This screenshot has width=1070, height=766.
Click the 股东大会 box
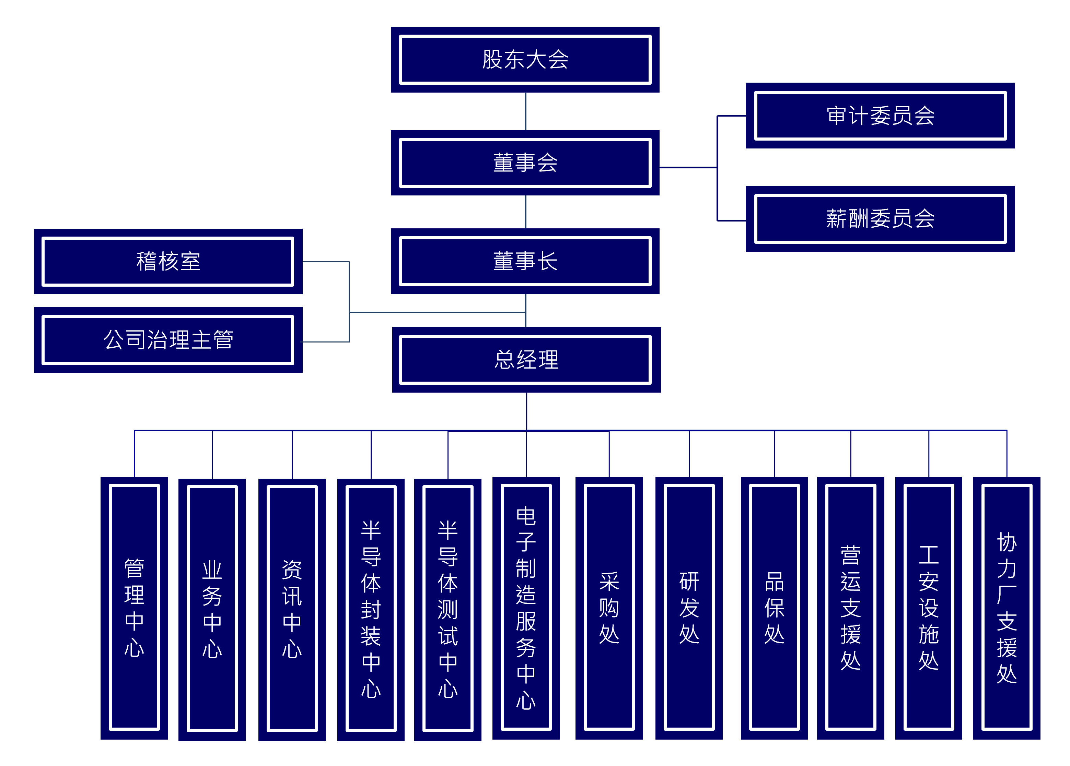pyautogui.click(x=525, y=59)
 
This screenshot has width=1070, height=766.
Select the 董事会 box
pyautogui.click(x=525, y=163)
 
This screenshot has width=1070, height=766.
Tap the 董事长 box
pyautogui.click(x=525, y=261)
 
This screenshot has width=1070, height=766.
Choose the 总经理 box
pyautogui.click(x=526, y=359)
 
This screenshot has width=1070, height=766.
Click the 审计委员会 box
pyautogui.click(x=880, y=116)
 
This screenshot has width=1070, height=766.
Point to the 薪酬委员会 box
pyautogui.click(x=880, y=219)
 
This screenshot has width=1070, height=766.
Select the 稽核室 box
pyautogui.click(x=168, y=261)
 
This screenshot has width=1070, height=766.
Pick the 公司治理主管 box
pyautogui.click(x=168, y=339)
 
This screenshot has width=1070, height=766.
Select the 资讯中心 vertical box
pyautogui.click(x=292, y=609)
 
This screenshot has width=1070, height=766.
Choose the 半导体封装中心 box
pyautogui.click(x=371, y=609)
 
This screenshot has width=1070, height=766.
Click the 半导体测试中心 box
pyautogui.click(x=448, y=609)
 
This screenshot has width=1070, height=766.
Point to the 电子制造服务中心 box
pyautogui.click(x=526, y=608)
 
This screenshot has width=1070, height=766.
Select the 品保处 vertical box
pyautogui.click(x=774, y=608)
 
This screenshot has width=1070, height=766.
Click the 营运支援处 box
pyautogui.click(x=851, y=608)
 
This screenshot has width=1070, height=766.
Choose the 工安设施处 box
pyautogui.click(x=929, y=608)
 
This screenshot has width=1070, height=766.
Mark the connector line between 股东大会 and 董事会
pyautogui.click(x=525, y=111)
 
